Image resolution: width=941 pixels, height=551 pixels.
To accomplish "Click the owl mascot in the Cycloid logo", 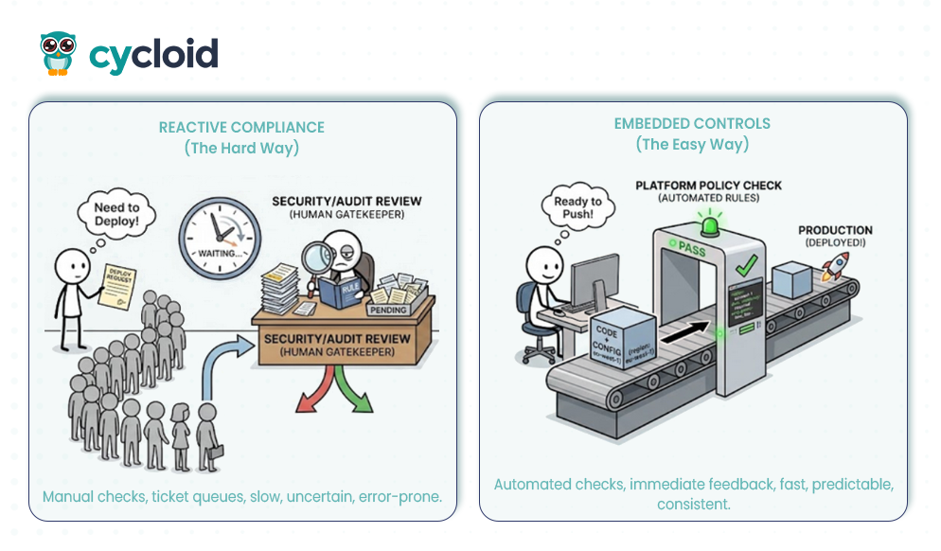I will (58, 53).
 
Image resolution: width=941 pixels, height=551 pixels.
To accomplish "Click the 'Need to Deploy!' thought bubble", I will (117, 214).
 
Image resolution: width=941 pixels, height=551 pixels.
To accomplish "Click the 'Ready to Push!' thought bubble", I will (577, 207).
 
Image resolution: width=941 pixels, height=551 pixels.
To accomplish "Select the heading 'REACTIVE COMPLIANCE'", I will (241, 128).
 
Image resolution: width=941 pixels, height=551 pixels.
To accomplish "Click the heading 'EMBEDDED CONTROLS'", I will (692, 124).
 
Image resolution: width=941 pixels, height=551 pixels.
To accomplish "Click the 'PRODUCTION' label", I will (835, 230).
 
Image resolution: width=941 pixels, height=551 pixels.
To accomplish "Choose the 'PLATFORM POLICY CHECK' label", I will (708, 187).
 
